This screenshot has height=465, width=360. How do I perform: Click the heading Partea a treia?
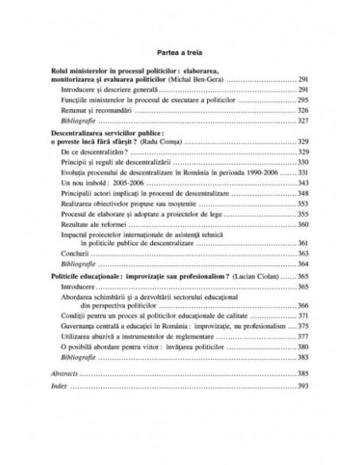(180, 47)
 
